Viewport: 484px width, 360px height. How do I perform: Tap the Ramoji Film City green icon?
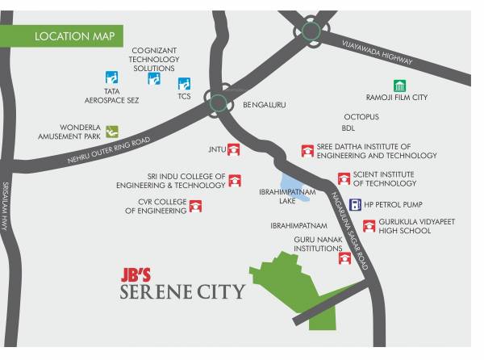point(398,86)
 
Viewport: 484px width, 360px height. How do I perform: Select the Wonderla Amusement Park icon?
point(112,131)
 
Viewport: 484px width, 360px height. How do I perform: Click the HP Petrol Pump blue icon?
point(354,204)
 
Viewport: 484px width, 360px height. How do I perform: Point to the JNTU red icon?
point(234,149)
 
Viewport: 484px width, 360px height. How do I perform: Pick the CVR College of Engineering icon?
point(194,207)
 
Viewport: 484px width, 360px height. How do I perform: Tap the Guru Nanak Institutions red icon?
point(344,258)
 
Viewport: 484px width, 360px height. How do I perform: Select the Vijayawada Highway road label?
point(377,52)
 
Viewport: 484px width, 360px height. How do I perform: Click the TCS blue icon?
point(184,83)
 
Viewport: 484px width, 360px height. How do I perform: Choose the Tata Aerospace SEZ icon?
point(112,78)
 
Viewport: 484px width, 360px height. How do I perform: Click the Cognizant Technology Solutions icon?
point(153,78)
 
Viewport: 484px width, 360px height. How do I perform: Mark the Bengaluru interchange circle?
point(216,100)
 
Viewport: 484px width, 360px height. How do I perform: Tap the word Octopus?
point(361,117)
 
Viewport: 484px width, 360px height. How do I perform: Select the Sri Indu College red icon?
point(235,180)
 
